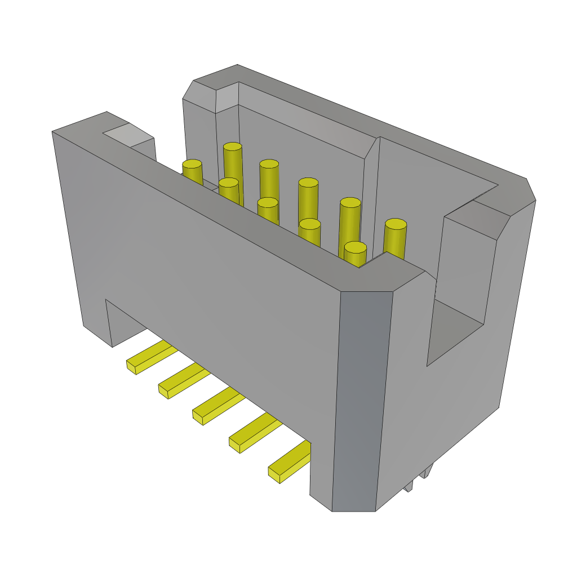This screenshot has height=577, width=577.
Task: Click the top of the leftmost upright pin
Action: tap(192, 164)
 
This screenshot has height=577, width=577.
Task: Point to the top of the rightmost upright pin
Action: tap(396, 224)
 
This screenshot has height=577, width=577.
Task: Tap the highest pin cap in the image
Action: tap(232, 147)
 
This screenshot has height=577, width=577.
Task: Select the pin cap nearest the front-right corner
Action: tap(355, 247)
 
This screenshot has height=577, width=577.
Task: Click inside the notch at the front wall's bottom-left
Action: tap(127, 327)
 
